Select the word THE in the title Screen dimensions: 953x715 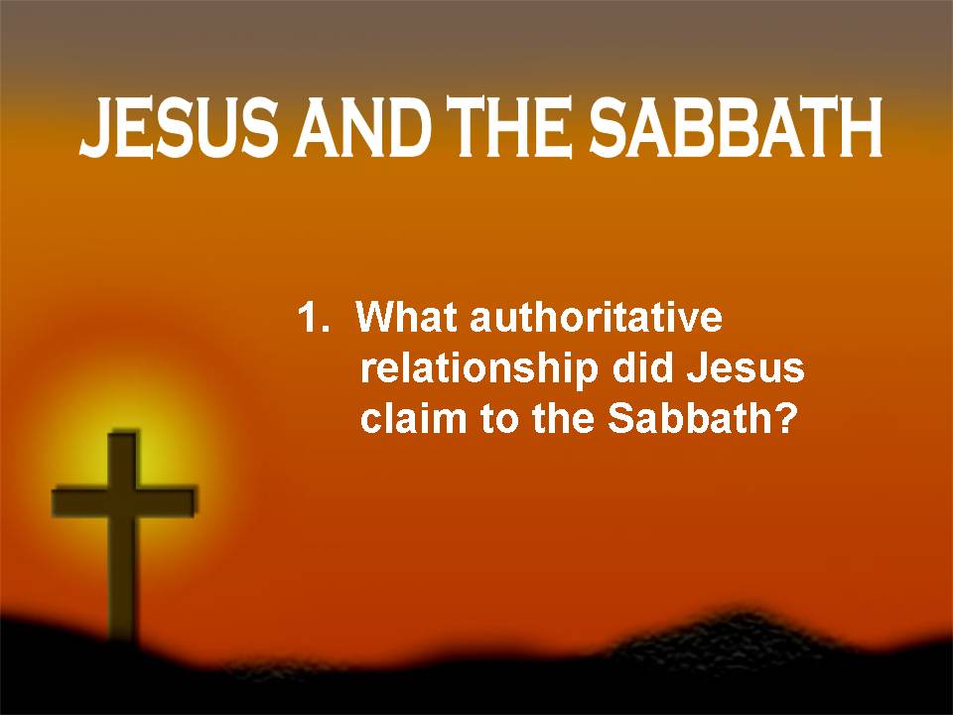pyautogui.click(x=508, y=127)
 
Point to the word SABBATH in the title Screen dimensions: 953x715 pyautogui.click(x=736, y=127)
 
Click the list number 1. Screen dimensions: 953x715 pyautogui.click(x=313, y=318)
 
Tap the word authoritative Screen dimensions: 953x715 pyautogui.click(x=597, y=318)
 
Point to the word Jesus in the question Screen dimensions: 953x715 pyautogui.click(x=746, y=368)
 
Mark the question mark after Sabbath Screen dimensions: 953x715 pyautogui.click(x=784, y=418)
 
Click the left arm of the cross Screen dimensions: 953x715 pyautogui.click(x=80, y=501)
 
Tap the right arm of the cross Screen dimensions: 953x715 pyautogui.click(x=169, y=501)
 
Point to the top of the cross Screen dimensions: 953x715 pyautogui.click(x=124, y=433)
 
